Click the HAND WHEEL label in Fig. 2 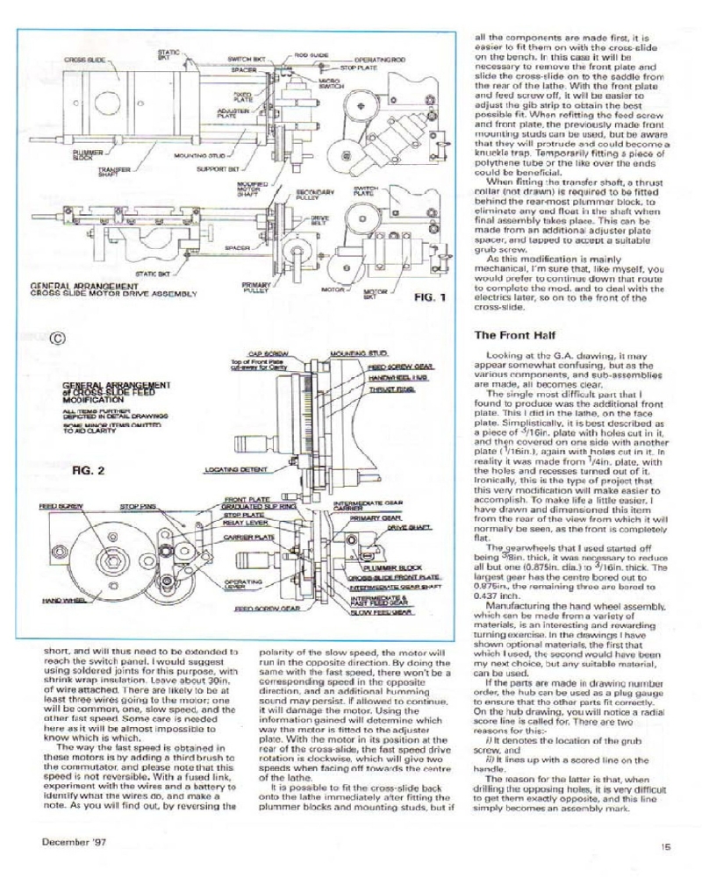point(60,600)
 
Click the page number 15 point(666,846)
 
